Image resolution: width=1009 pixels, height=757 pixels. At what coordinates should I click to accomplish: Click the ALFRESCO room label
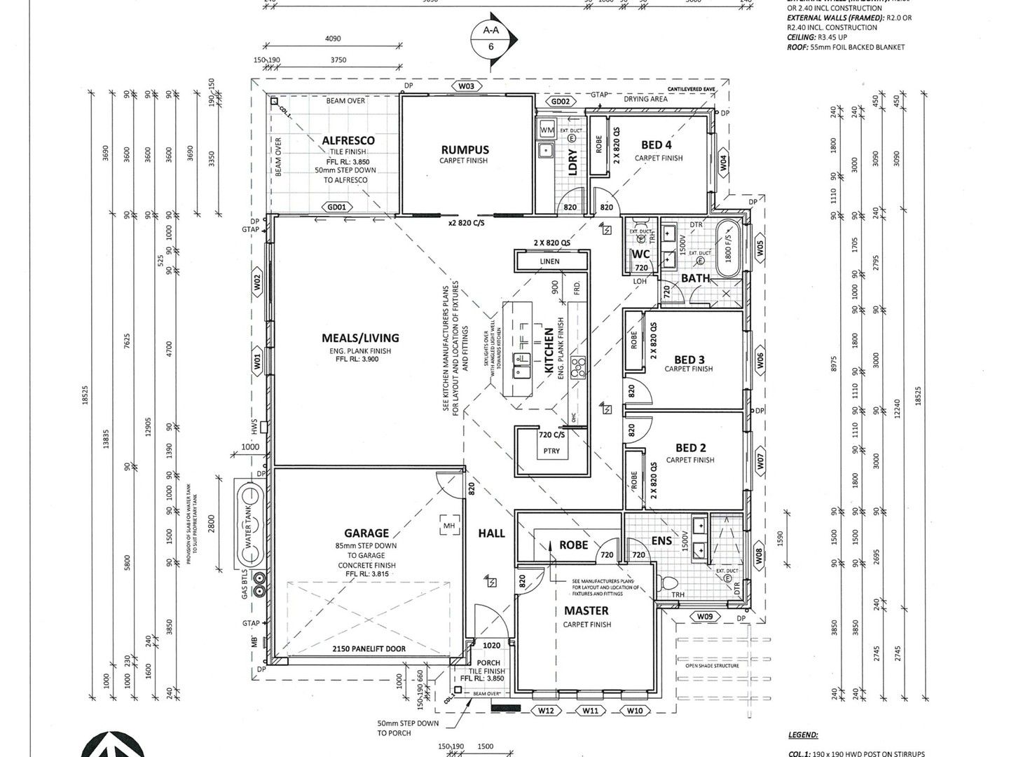tap(348, 140)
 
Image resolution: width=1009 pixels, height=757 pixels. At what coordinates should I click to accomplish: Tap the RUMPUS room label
tap(465, 149)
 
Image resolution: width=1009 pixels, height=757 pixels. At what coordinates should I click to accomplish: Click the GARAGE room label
tap(366, 533)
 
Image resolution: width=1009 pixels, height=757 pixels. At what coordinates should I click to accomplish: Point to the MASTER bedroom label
tap(586, 611)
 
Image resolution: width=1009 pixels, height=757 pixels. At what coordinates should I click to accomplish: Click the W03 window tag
tap(466, 86)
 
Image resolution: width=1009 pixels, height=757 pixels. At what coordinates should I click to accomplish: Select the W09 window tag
tap(704, 616)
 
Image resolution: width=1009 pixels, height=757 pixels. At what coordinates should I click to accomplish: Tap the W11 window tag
tap(591, 711)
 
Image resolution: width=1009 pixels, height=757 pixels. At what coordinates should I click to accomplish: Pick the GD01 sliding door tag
tap(336, 207)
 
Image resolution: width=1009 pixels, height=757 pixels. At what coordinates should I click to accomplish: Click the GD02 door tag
tap(560, 101)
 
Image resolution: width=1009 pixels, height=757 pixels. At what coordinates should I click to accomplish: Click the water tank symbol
tap(248, 524)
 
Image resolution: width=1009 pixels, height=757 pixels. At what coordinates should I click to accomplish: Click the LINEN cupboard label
tap(550, 261)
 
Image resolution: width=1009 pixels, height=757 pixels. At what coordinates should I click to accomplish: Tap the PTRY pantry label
tap(551, 451)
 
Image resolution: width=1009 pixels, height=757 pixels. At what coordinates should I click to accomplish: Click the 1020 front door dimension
tap(491, 646)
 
